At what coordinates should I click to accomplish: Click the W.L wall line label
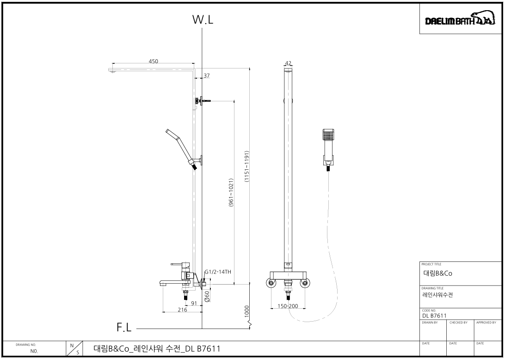coord(203,19)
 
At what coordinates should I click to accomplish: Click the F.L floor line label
coord(124,327)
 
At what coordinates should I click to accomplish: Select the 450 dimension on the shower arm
coord(154,61)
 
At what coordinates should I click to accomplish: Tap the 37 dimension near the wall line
coord(206,76)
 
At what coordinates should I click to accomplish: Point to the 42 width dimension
coord(288,63)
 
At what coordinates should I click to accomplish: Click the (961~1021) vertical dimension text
coord(231,193)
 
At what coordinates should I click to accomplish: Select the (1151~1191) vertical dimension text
coord(246,166)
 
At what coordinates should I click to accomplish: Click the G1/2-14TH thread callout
coord(218,272)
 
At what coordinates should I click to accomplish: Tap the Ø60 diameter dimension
coord(207,296)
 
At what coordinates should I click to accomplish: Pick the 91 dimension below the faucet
coord(194,303)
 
